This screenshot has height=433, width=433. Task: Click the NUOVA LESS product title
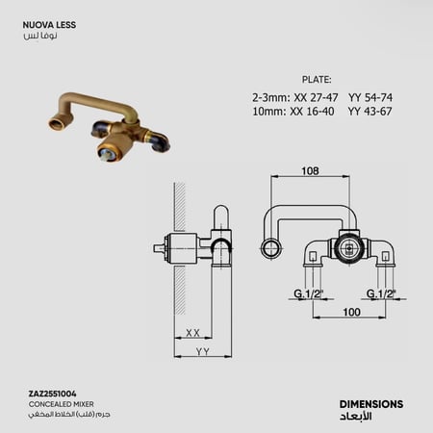49,25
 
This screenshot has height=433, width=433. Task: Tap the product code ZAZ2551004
53,394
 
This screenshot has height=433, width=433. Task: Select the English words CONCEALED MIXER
62,404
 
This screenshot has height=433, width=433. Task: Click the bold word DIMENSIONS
371,404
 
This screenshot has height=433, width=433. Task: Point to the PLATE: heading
317,80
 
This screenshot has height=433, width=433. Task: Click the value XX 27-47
316,97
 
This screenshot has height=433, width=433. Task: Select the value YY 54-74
370,97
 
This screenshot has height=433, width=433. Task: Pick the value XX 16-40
312,112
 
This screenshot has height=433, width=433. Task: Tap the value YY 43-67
369,112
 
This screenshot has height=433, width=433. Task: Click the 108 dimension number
310,170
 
